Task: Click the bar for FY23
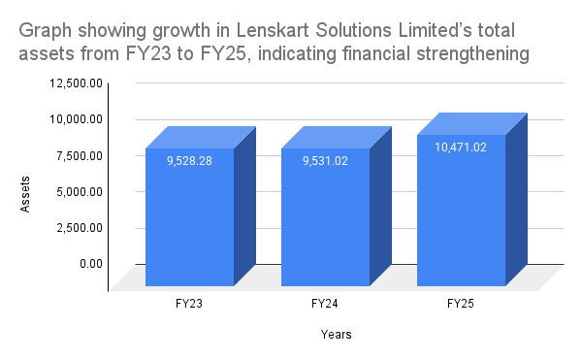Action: pos(190,218)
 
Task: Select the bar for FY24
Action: pos(326,218)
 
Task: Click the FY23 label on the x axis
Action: pos(190,304)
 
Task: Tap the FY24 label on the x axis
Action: pos(326,304)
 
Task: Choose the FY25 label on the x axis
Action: pos(461,304)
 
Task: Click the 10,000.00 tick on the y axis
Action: pos(75,119)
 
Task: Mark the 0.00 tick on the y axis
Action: pos(88,263)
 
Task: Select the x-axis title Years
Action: pos(337,335)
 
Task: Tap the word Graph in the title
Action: pos(43,30)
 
